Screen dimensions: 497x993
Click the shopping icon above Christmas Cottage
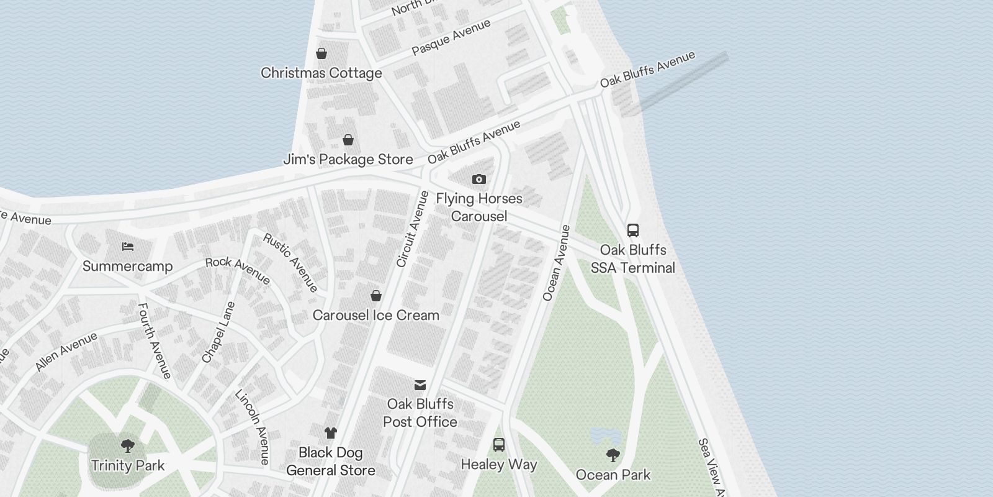[x=321, y=53]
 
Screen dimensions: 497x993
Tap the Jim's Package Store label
[x=348, y=159]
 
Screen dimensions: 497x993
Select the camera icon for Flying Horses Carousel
[x=479, y=180]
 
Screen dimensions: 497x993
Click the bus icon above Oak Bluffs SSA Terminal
[x=632, y=230]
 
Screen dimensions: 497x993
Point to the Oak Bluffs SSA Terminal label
[x=632, y=259]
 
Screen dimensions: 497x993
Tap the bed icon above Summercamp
[x=128, y=247]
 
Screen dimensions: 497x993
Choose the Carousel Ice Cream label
[x=375, y=315]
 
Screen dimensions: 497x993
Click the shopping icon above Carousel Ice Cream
[x=375, y=295]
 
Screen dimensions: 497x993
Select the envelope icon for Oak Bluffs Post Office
[x=420, y=385]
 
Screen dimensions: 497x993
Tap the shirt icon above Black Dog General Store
[x=330, y=433]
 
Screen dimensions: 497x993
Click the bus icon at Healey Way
[x=498, y=445]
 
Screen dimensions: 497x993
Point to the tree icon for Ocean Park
[x=613, y=455]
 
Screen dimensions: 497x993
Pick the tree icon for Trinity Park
[x=128, y=445]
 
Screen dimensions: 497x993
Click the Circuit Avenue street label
[x=413, y=229]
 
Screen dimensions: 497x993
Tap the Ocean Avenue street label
[x=556, y=263]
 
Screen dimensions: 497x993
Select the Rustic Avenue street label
[x=290, y=262]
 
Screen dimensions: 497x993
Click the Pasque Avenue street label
[x=451, y=37]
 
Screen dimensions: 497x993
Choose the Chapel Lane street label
[x=218, y=332]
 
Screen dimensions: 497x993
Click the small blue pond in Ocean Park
[x=601, y=435]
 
